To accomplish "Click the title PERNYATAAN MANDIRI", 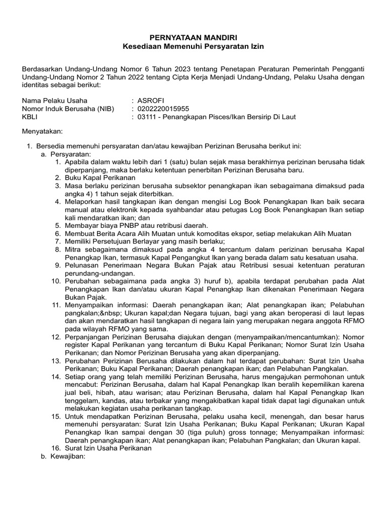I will [x=194, y=38].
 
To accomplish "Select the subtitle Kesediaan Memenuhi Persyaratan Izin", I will [x=194, y=46].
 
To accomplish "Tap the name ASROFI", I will [x=151, y=100].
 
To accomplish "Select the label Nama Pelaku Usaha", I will [x=55, y=100].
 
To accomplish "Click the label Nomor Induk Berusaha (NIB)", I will [x=68, y=109].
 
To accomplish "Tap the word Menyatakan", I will [x=42, y=132].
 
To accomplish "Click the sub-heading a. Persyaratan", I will [x=66, y=154].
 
